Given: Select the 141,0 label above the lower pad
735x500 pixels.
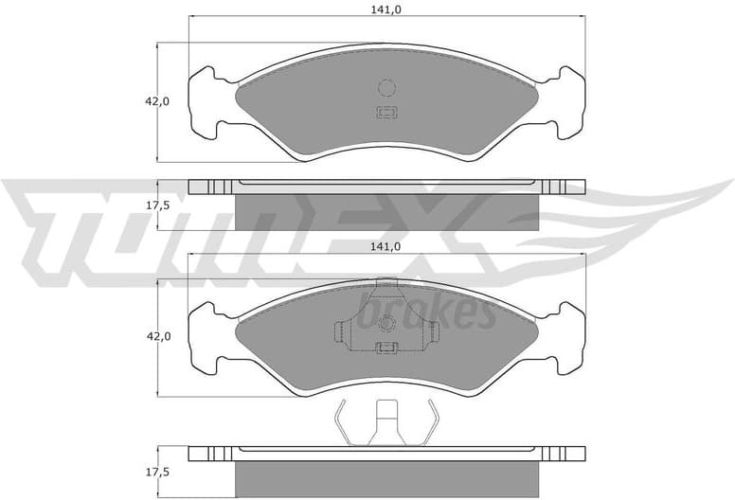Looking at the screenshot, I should (x=385, y=246).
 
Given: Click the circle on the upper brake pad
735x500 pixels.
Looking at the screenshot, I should (x=385, y=88).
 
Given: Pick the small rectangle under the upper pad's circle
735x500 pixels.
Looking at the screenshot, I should (x=385, y=115).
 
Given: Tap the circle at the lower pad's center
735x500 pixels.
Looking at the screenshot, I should (x=385, y=324).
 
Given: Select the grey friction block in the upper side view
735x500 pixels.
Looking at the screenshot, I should (x=386, y=210).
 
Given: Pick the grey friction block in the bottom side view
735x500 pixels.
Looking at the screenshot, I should (x=386, y=478).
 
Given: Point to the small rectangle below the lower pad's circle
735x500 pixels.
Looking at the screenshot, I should (x=385, y=348).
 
